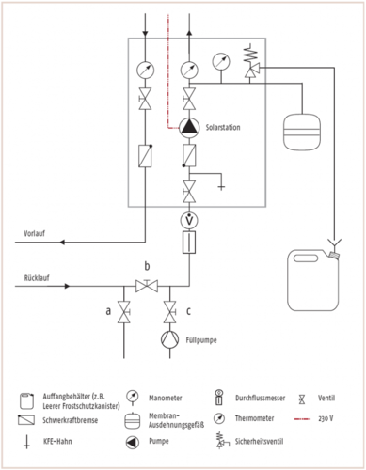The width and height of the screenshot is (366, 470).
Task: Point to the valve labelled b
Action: (145, 287)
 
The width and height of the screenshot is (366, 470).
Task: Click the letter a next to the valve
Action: (105, 309)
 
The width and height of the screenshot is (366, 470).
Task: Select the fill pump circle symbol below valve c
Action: (169, 337)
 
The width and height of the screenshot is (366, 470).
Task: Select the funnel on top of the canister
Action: (332, 251)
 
